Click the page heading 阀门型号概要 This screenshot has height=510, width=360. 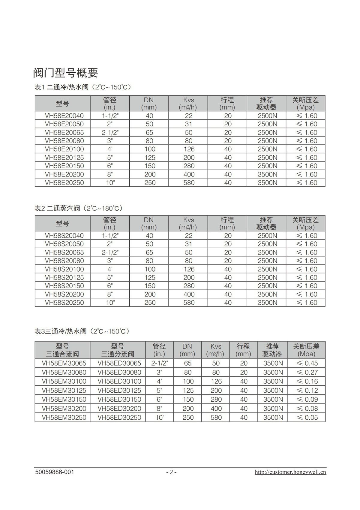(65, 73)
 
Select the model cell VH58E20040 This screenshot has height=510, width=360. (64, 116)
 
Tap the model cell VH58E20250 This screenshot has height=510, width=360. (64, 183)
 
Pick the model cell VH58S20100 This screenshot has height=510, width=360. (64, 269)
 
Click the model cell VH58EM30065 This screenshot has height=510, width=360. (64, 363)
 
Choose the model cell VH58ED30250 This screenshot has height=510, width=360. (119, 418)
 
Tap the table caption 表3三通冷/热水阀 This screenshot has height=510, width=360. (82, 331)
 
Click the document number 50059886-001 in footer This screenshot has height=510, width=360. (54, 472)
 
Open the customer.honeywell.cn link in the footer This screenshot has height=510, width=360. (290, 472)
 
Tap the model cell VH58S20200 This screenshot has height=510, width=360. (64, 294)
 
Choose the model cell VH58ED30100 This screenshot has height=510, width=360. (119, 382)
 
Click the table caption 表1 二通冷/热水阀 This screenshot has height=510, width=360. (83, 87)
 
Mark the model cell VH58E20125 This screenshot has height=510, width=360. (64, 158)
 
